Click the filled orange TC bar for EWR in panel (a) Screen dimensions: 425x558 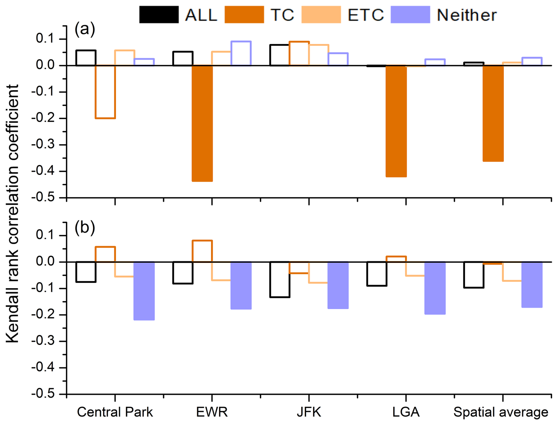(x=202, y=123)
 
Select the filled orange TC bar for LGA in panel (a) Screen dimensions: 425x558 (x=396, y=121)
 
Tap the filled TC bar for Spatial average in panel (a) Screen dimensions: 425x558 (x=493, y=113)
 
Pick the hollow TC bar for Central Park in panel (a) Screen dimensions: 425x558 (x=105, y=92)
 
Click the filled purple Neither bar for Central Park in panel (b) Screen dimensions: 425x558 (x=144, y=291)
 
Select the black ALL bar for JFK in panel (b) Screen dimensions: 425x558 (x=280, y=279)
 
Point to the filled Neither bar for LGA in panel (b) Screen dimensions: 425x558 (x=435, y=288)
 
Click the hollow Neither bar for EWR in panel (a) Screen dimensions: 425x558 (x=241, y=53)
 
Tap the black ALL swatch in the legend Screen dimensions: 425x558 (x=159, y=14)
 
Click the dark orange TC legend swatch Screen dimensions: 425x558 (x=244, y=14)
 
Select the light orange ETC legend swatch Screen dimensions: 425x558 (x=321, y=14)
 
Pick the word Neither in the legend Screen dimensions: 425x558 (x=467, y=15)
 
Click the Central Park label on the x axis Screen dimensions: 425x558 (x=115, y=412)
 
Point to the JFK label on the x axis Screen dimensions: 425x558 (x=309, y=412)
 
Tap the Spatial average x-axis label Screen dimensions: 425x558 (x=500, y=412)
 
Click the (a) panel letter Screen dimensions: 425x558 (x=85, y=29)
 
